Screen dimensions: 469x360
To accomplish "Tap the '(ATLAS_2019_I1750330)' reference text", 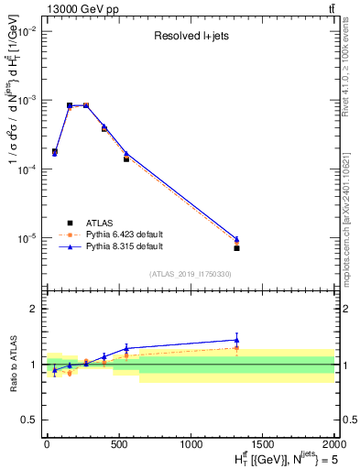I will coord(191,274).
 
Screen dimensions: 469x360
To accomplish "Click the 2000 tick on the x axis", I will coord(333,444).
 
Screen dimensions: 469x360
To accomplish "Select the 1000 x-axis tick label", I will coord(191,444).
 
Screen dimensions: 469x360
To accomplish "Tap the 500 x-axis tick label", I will coord(118,444).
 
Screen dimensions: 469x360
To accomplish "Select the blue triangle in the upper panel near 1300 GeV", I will coord(236,239).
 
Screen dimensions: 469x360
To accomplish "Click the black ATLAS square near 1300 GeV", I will coord(236,248).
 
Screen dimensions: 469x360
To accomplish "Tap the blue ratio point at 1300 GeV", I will coord(236,340).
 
